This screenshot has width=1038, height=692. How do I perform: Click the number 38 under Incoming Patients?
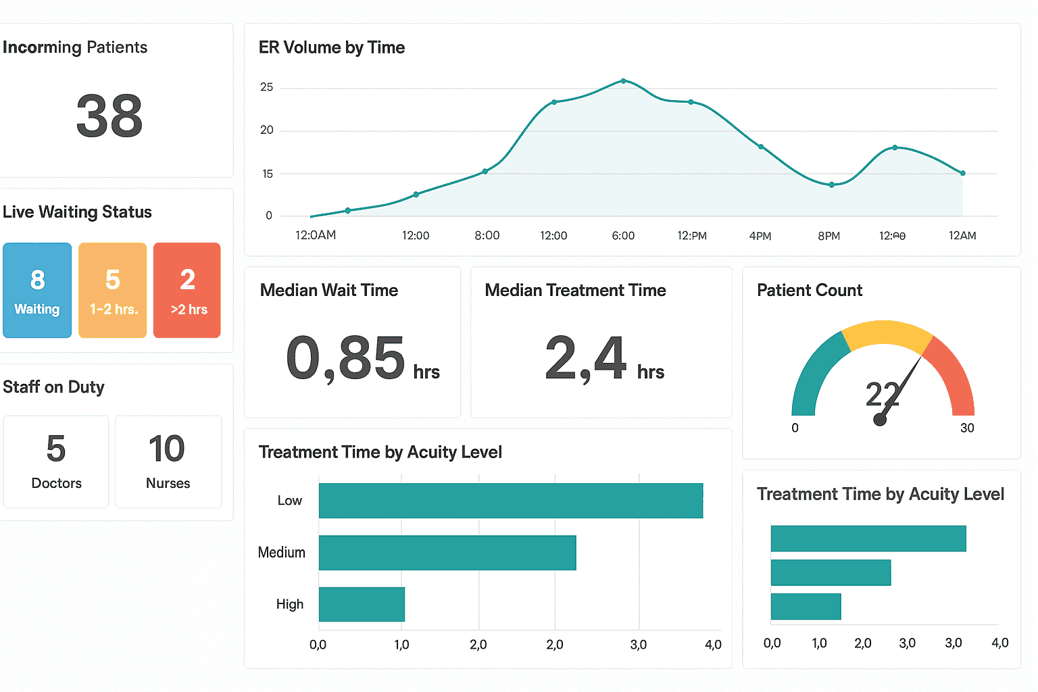[x=109, y=116]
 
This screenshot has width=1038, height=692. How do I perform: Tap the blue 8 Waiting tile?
[x=37, y=291]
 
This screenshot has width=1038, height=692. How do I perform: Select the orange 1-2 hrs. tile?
[x=113, y=291]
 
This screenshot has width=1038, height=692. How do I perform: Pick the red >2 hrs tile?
[x=187, y=291]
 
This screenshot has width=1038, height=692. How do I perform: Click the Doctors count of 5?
[x=56, y=449]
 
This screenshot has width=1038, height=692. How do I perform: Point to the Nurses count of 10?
[x=167, y=449]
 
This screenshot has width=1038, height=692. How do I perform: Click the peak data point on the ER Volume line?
[x=623, y=81]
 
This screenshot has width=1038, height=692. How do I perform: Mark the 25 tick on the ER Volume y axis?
[x=267, y=87]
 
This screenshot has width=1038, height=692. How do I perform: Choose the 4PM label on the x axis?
[x=760, y=236]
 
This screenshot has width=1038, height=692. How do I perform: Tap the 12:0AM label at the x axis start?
[x=316, y=235]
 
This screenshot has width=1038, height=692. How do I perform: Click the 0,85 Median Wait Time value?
[x=346, y=358]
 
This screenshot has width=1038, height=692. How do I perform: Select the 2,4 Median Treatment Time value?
[x=586, y=358]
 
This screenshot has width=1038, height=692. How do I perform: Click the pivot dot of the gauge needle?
[x=880, y=420]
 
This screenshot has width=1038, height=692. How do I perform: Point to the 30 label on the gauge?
[x=967, y=428]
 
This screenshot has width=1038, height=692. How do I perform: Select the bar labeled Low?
[x=511, y=501]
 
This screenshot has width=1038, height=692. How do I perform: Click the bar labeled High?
[x=362, y=604]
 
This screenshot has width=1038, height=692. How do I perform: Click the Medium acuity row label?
[x=282, y=553]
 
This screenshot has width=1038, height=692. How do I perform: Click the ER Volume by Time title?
[x=332, y=47]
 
